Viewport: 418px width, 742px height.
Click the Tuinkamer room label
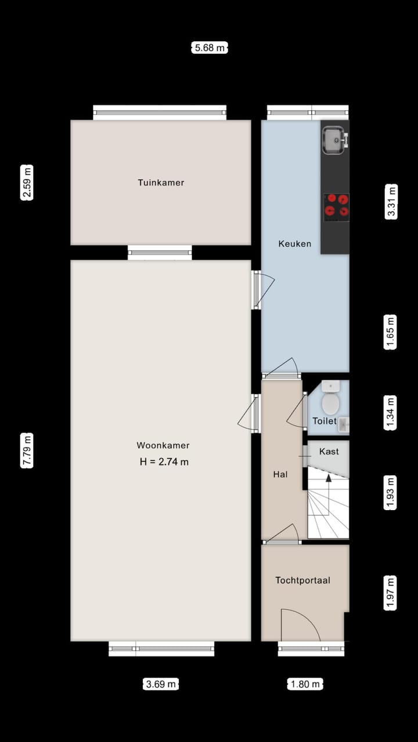click(161, 183)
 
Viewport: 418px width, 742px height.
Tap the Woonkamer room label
click(163, 446)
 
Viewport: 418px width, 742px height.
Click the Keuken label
click(294, 243)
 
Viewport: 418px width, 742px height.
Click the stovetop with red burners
click(336, 206)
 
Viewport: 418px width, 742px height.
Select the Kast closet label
click(329, 452)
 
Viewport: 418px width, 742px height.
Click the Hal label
click(280, 474)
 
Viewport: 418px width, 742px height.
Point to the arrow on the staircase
click(329, 479)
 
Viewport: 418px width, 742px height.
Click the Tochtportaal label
click(302, 580)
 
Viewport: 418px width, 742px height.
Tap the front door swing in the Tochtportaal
click(300, 625)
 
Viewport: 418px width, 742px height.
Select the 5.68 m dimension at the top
click(210, 48)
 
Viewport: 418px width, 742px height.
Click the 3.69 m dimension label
click(161, 684)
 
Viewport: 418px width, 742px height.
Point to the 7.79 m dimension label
click(27, 450)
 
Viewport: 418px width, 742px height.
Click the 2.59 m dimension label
click(27, 182)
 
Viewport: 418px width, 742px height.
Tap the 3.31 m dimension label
click(392, 201)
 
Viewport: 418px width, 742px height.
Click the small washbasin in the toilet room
click(344, 424)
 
